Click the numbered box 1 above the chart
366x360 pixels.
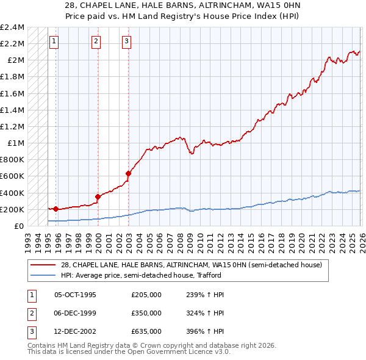[54, 41]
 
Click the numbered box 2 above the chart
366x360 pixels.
[96, 41]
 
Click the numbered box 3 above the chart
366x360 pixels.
[126, 41]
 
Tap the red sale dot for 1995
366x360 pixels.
[56, 209]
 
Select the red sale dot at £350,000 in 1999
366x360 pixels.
[98, 196]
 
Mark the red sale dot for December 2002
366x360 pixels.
[128, 173]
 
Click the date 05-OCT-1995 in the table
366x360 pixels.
[76, 295]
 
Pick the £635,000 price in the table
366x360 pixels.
[146, 331]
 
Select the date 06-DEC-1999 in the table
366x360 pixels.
[76, 313]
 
